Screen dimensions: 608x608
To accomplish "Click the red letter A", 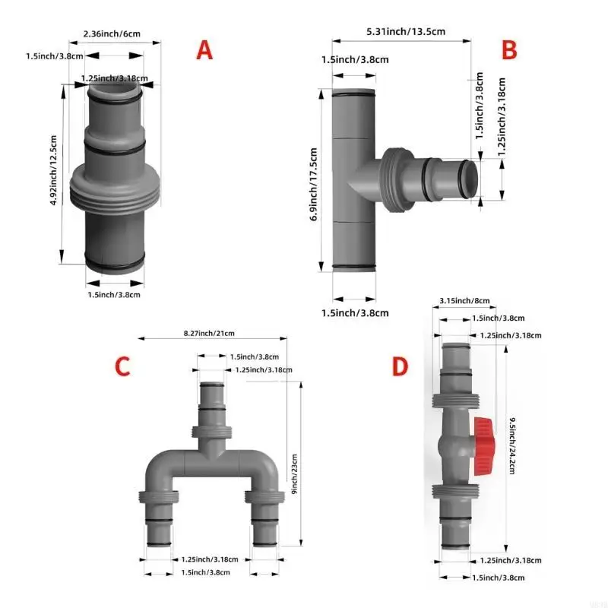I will coord(204,50).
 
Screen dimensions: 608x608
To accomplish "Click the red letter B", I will coord(509,50).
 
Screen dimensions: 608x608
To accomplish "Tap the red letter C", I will coord(122,366).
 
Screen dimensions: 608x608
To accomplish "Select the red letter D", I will coord(401,367).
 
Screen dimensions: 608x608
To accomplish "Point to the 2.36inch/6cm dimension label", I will coord(112,33).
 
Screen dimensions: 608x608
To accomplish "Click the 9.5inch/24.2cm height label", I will coord(513,447).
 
